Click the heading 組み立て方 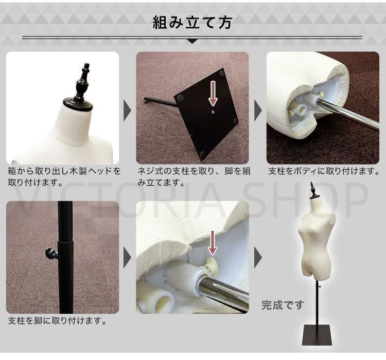(x=193, y=23)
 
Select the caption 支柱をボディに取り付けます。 (x=324, y=171)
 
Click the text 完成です (x=283, y=305)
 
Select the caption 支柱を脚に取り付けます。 (x=58, y=321)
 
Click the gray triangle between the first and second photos (x=128, y=108)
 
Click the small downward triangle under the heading (x=192, y=41)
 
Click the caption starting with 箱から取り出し (x=64, y=176)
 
